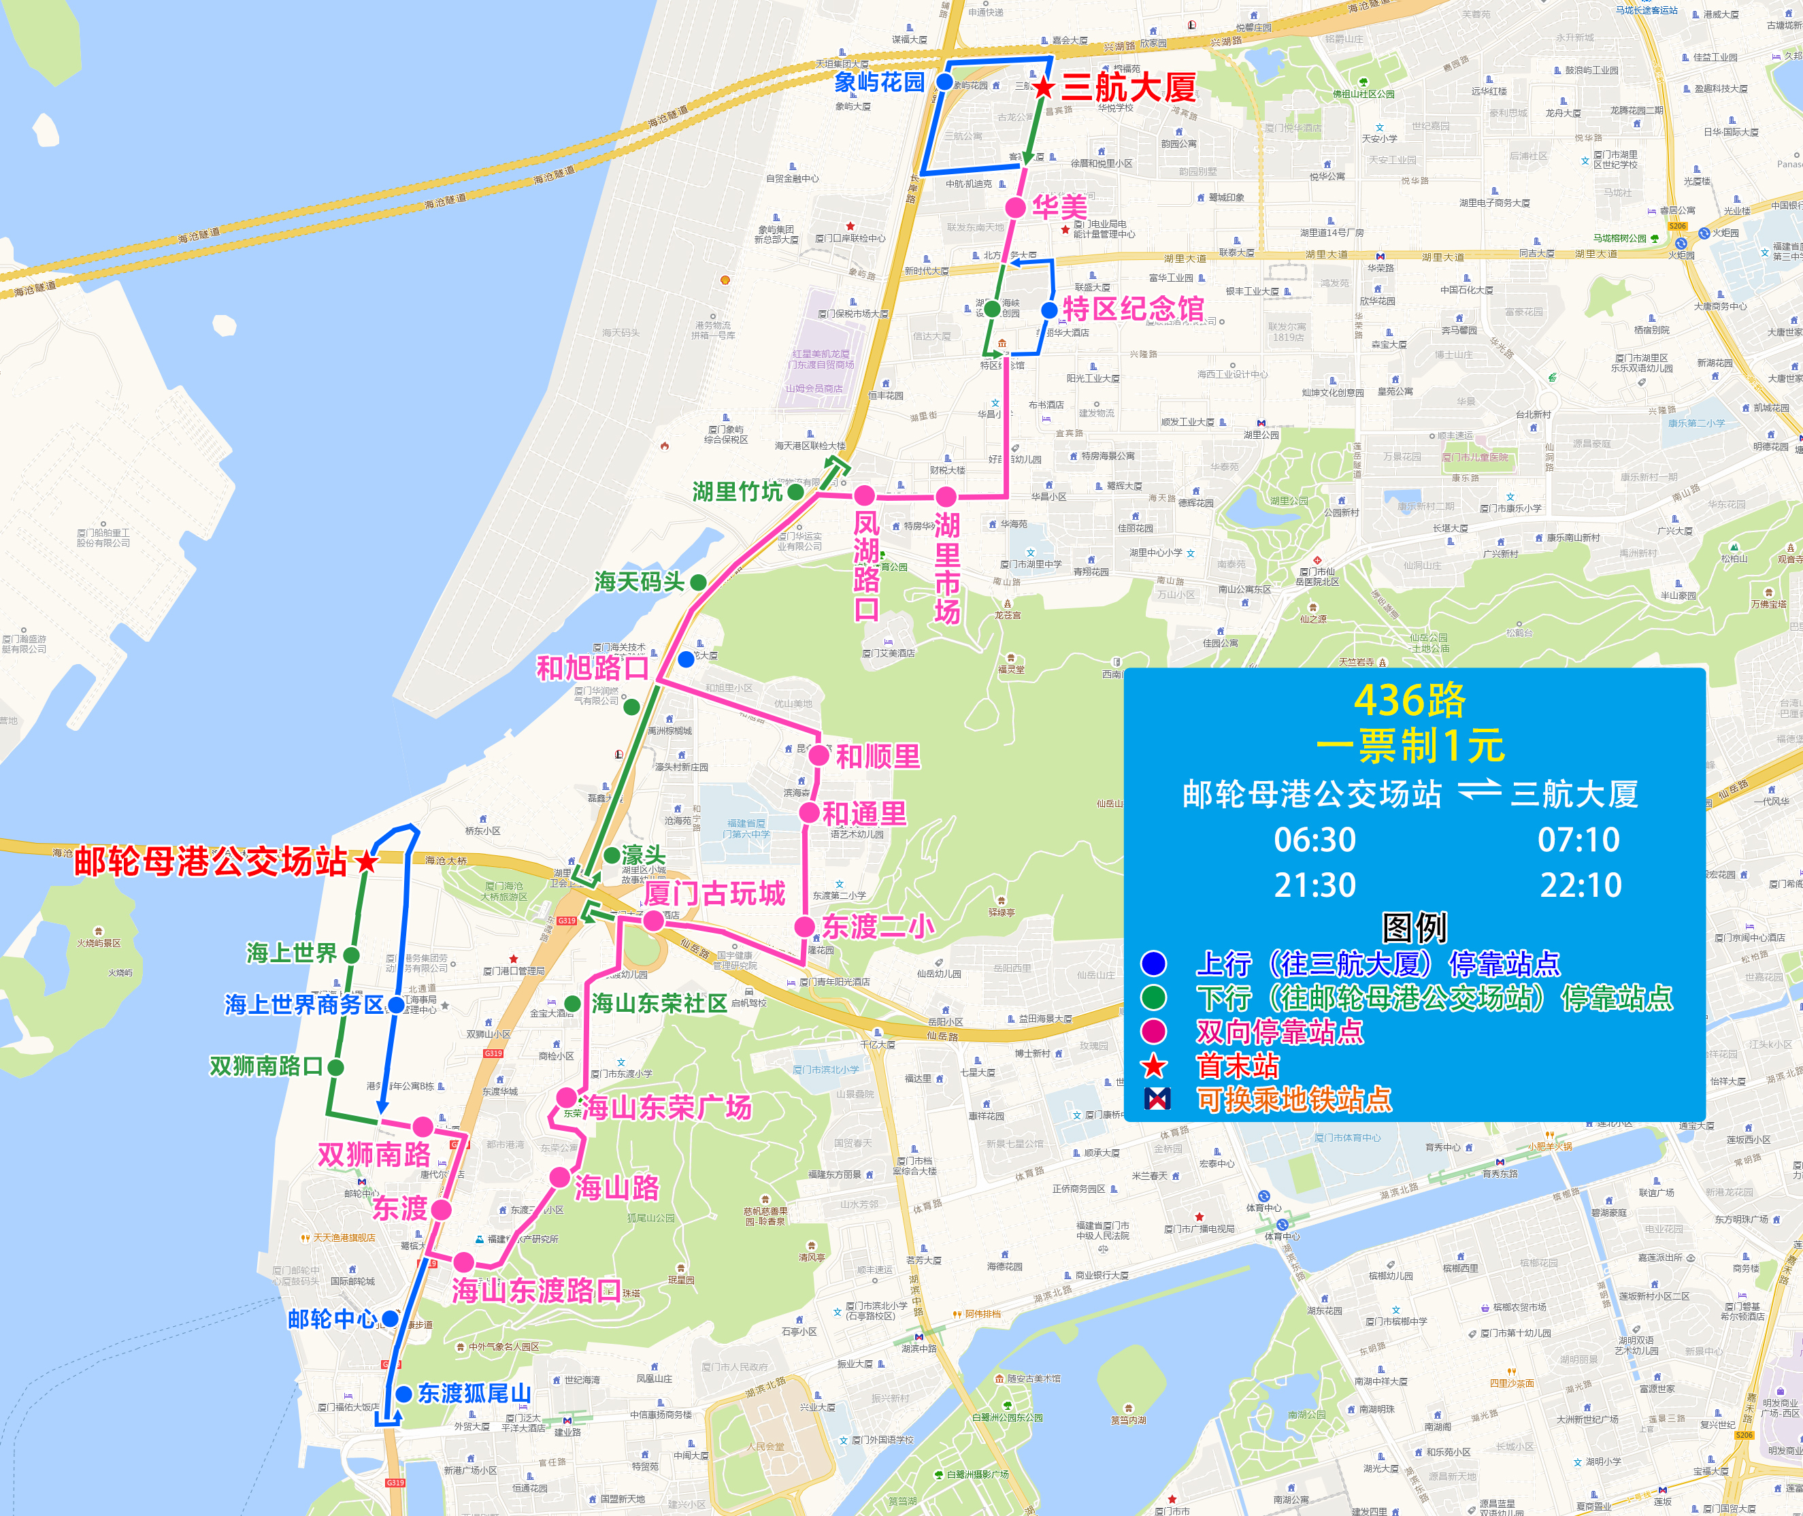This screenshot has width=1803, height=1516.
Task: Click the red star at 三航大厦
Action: click(1043, 87)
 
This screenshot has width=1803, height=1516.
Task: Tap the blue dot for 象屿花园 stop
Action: click(944, 82)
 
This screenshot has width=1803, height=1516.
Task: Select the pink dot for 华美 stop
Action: click(1016, 207)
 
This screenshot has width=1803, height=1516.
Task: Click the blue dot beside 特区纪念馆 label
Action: click(1049, 310)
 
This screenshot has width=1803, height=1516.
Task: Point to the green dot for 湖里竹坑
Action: click(796, 491)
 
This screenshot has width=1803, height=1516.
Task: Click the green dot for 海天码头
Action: click(699, 582)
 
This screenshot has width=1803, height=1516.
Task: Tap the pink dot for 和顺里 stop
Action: click(819, 755)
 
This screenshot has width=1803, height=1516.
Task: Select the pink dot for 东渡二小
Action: click(804, 927)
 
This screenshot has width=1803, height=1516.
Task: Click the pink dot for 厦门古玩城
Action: click(653, 921)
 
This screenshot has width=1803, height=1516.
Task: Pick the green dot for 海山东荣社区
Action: click(573, 1003)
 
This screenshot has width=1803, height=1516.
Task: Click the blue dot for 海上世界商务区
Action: click(395, 1004)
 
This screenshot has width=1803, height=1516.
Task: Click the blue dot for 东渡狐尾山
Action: click(403, 1393)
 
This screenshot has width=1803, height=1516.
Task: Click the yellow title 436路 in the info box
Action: click(1409, 700)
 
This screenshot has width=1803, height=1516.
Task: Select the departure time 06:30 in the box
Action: click(1315, 840)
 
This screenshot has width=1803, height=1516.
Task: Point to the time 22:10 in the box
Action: click(1581, 885)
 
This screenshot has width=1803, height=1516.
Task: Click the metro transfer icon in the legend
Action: click(1157, 1098)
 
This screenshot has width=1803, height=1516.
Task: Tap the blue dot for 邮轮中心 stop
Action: click(389, 1319)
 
